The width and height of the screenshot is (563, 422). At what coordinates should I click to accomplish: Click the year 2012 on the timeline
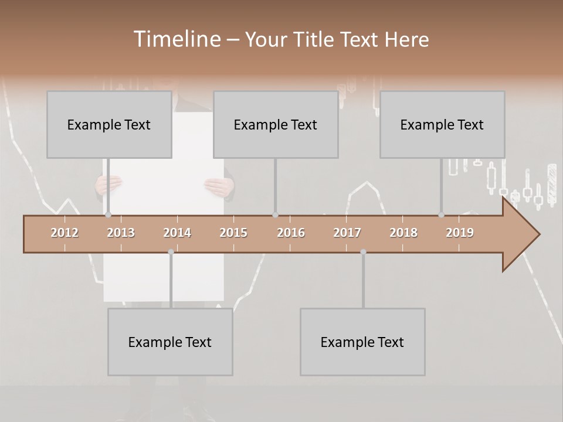pyautogui.click(x=65, y=233)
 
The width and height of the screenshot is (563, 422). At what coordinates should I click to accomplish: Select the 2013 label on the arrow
pyautogui.click(x=121, y=233)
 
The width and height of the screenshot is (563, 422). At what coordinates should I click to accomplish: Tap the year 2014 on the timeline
pyautogui.click(x=177, y=233)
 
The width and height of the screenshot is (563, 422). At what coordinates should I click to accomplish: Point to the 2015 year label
pyautogui.click(x=233, y=233)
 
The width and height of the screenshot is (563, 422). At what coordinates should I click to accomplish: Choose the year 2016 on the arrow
pyautogui.click(x=291, y=233)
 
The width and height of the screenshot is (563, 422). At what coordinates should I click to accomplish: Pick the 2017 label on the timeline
pyautogui.click(x=347, y=233)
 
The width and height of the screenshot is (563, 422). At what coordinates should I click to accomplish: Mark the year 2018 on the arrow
pyautogui.click(x=403, y=233)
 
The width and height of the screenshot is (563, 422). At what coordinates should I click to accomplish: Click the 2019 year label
pyautogui.click(x=460, y=233)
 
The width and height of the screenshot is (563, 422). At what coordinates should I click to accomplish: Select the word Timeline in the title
pyautogui.click(x=177, y=39)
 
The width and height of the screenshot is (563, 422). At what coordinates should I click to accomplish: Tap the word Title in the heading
pyautogui.click(x=317, y=39)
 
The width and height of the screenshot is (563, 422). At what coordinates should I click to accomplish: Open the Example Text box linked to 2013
pyautogui.click(x=109, y=124)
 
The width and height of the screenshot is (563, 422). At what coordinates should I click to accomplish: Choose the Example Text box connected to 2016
pyautogui.click(x=276, y=124)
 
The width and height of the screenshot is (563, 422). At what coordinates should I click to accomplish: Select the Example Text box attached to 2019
pyautogui.click(x=442, y=124)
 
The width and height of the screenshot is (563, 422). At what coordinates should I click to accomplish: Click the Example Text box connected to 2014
pyautogui.click(x=170, y=342)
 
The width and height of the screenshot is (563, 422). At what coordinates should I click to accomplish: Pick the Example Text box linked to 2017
pyautogui.click(x=362, y=342)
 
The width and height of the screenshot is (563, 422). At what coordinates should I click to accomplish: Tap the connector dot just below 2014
pyautogui.click(x=171, y=252)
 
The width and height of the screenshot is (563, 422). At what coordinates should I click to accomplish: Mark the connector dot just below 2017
pyautogui.click(x=363, y=252)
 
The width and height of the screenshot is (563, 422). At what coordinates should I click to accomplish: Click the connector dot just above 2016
pyautogui.click(x=275, y=215)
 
